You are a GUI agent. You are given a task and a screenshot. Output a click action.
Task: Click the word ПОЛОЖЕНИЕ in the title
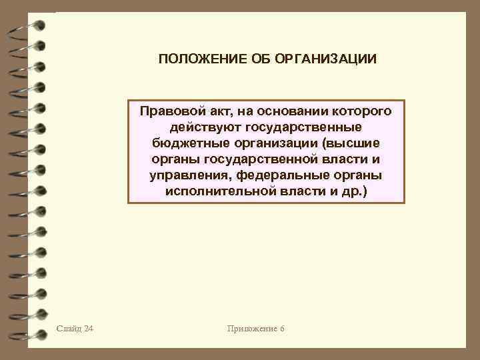[194, 60]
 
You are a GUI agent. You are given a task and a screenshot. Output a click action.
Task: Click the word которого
[358, 110]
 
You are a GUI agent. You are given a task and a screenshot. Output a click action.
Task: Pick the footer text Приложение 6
[255, 329]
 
